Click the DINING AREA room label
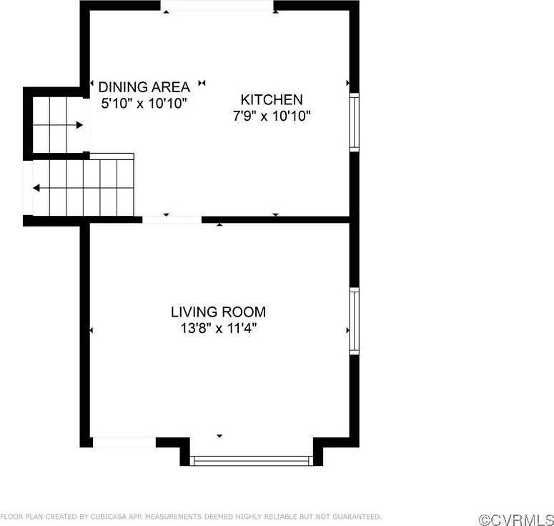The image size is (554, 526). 144,87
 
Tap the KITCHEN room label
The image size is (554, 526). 272,100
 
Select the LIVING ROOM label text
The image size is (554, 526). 218,312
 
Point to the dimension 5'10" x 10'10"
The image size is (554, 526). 144,104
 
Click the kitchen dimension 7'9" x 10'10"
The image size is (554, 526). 272,116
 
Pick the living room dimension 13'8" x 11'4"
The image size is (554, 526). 218,329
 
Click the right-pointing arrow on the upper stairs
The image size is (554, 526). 79,125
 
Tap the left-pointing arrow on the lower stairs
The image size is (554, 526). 36,188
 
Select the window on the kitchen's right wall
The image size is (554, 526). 354,121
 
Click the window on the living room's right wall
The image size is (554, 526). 354,321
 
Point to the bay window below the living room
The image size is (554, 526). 252,461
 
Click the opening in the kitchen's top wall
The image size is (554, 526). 217,6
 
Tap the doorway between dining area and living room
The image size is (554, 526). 172,219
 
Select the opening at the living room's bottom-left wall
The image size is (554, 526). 124,442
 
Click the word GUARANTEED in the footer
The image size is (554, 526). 358,516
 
